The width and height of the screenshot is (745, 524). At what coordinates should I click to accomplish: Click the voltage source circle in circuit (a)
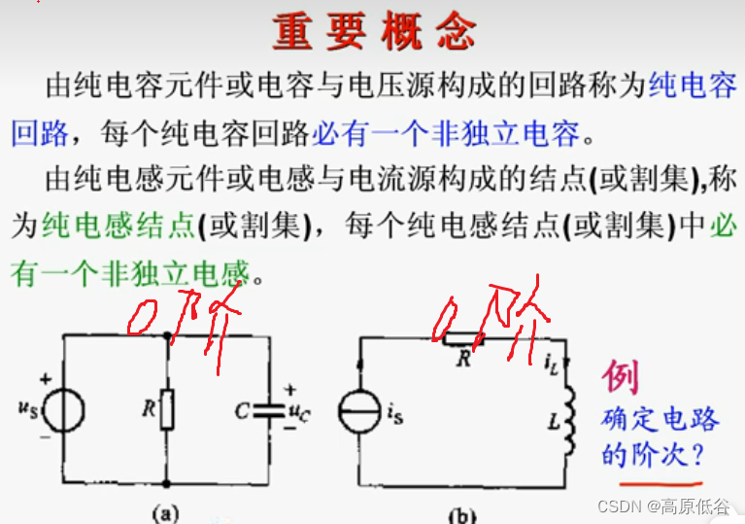tap(65, 409)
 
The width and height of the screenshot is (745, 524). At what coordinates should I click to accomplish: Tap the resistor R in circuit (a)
tap(169, 409)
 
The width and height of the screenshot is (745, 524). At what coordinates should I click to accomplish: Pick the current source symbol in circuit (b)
tap(358, 413)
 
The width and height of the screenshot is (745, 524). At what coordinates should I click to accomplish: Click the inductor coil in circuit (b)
tap(571, 421)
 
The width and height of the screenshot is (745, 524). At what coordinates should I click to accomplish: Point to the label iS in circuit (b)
tap(394, 415)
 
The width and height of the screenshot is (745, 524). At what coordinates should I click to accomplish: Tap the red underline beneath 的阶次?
tap(662, 477)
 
